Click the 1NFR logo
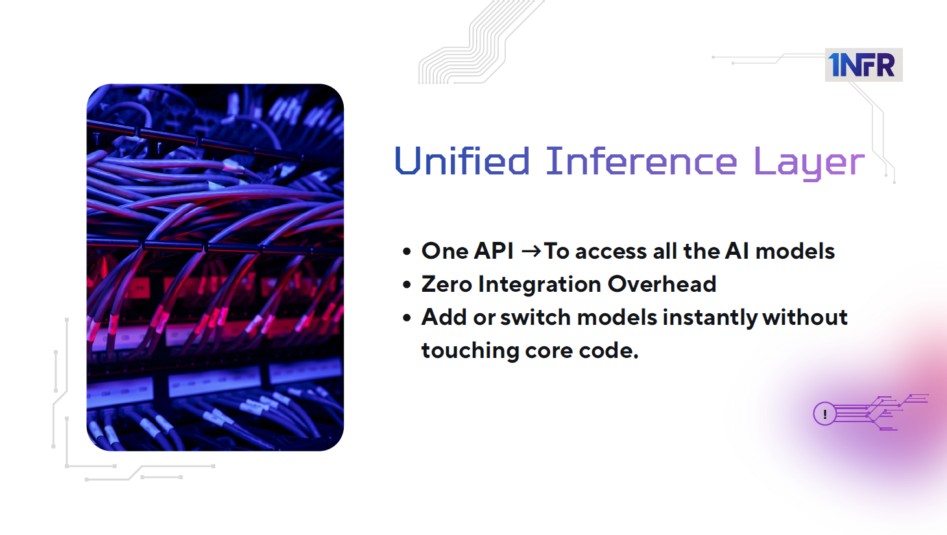863,65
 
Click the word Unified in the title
462,161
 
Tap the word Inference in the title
641,161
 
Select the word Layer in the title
808,163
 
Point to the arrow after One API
531,251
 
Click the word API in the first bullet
494,251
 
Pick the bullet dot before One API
407,252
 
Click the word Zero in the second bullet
446,284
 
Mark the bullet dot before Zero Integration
407,285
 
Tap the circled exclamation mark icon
824,414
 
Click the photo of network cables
215,267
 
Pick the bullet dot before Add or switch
407,318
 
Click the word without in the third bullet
805,317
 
